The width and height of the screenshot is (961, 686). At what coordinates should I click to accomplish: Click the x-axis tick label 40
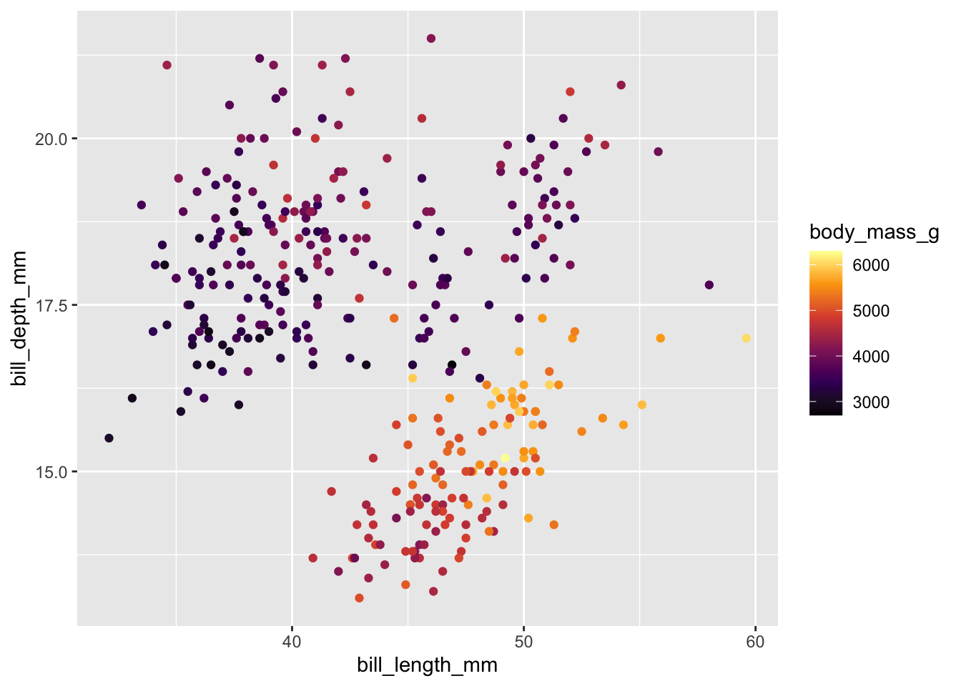tap(292, 641)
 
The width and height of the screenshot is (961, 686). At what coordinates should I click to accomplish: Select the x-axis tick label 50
tap(523, 641)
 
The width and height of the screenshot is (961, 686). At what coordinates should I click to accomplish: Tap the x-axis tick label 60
tap(755, 641)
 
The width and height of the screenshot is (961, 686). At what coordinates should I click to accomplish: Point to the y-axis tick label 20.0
tap(51, 139)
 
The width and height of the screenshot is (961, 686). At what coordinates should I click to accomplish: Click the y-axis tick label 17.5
tap(51, 305)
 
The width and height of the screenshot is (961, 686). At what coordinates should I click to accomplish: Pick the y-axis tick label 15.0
tap(51, 472)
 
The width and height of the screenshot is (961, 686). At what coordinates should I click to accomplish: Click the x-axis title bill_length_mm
tap(427, 665)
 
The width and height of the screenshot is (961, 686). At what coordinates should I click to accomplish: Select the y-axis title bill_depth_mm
tap(20, 319)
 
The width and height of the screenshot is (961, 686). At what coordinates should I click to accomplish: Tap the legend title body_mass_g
tap(874, 232)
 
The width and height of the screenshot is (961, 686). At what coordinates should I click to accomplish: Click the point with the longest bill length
tap(746, 338)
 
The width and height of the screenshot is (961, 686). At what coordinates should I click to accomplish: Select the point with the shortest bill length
tap(109, 438)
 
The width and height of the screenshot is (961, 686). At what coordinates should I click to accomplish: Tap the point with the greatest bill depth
tap(431, 39)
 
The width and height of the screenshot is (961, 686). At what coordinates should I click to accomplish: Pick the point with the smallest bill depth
tap(359, 598)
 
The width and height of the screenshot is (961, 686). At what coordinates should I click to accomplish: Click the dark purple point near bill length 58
tap(709, 285)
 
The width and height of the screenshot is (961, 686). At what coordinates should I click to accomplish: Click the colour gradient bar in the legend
tap(826, 333)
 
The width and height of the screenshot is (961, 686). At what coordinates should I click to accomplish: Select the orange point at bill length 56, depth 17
tap(660, 338)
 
